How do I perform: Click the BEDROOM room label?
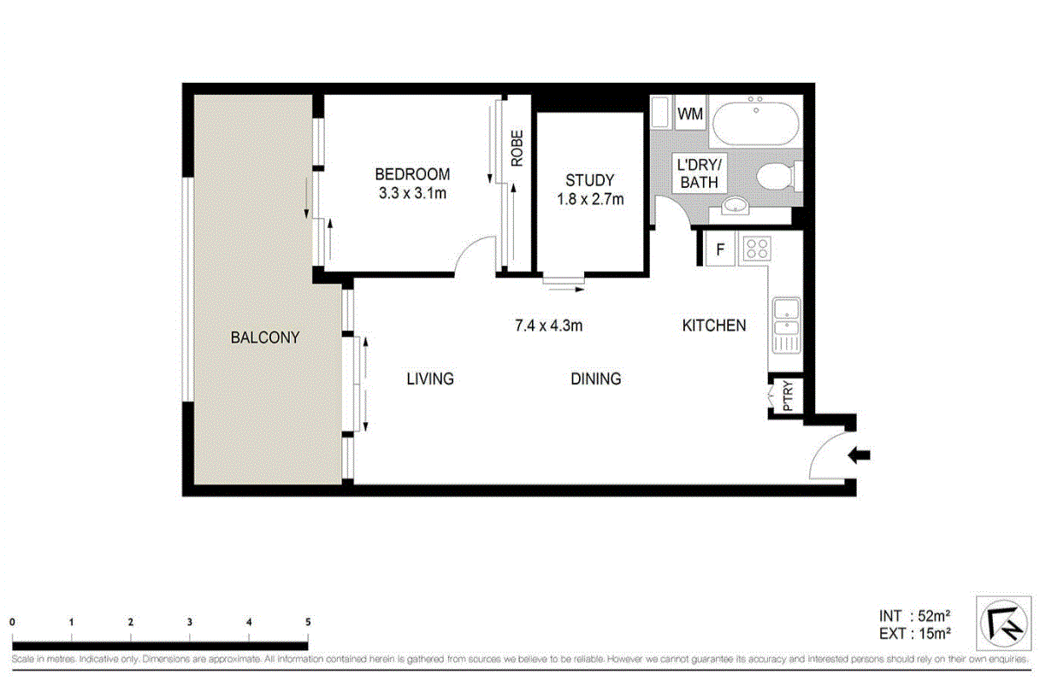tap(412, 174)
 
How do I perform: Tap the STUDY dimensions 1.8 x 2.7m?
tap(589, 200)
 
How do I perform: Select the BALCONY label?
tap(265, 337)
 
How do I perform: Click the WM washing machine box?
tap(690, 113)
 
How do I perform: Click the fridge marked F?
tap(720, 250)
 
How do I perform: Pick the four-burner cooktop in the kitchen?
tap(755, 249)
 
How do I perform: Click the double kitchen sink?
tap(785, 325)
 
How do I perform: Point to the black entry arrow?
tap(858, 455)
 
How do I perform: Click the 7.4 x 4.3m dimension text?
tap(548, 325)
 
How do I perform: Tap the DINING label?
tap(595, 378)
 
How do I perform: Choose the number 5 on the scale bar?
tap(307, 623)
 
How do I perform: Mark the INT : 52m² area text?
tap(915, 615)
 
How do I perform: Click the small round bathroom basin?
tap(735, 206)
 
